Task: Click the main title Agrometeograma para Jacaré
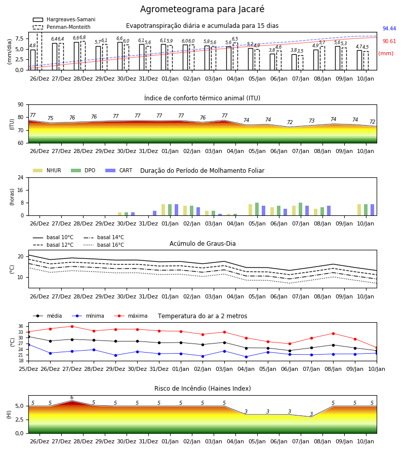202,9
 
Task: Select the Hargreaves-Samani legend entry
64,19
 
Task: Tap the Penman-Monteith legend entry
62,27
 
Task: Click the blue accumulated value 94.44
389,28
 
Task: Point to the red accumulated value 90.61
389,42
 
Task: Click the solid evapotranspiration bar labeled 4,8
33,60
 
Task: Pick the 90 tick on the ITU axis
20,105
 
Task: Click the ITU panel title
202,98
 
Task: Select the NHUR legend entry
47,170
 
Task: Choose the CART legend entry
119,170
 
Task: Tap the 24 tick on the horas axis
21,177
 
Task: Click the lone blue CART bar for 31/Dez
154,213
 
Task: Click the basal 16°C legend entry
104,245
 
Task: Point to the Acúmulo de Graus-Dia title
202,243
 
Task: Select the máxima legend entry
131,316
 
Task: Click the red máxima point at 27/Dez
72,326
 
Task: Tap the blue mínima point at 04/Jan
247,357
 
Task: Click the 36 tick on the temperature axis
21,326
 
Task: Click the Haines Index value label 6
72,398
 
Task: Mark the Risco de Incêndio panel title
202,388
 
